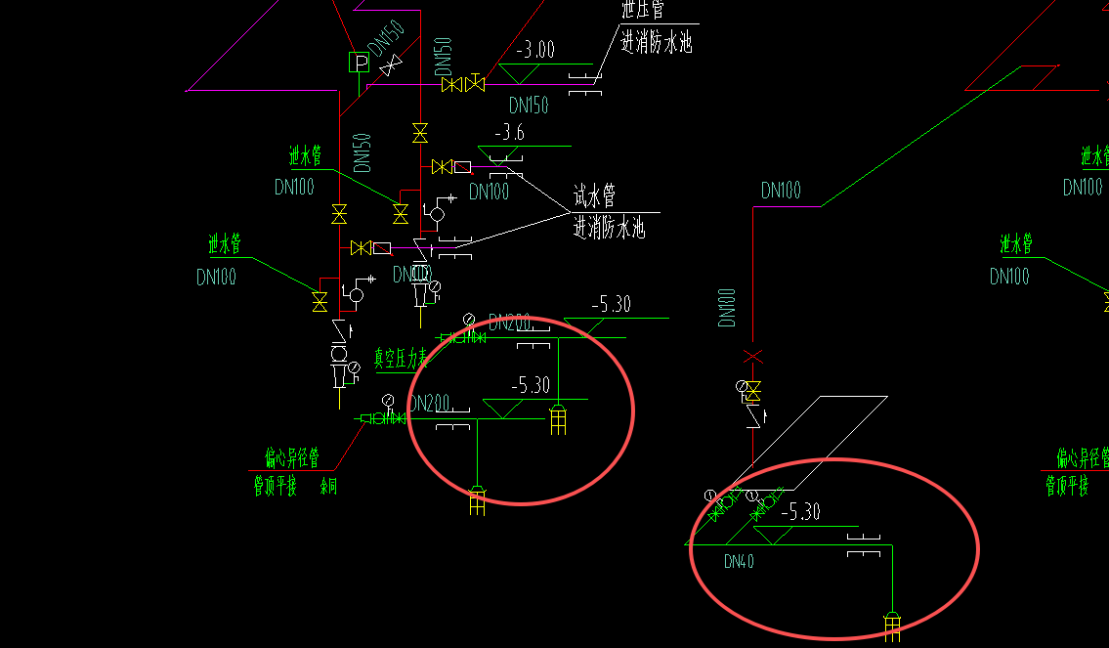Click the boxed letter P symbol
coord(359,63)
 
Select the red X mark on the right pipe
coord(752,357)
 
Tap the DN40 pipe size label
coord(739,561)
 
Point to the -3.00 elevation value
coord(534,50)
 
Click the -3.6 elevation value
coord(510,133)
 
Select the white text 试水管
coord(594,196)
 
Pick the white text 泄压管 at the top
coord(643,11)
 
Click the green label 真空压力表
coord(402,359)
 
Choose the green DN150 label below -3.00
coord(529,105)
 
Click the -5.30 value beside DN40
coord(800,511)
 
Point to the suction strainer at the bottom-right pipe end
coord(892,626)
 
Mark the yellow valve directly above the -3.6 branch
coord(420,132)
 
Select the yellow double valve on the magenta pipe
coord(463,84)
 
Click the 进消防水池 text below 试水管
coord(609,229)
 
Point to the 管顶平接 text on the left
coord(275,486)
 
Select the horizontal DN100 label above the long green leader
coord(781,191)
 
